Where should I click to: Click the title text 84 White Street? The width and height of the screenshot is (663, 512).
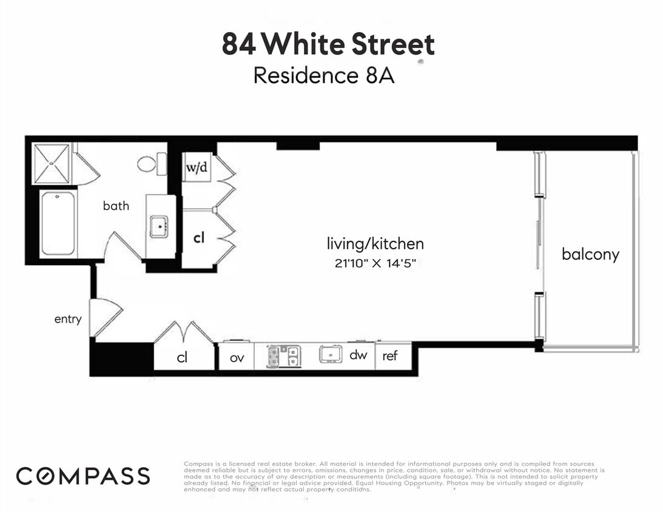pyautogui.click(x=328, y=45)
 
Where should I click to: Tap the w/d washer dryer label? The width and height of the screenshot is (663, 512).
pyautogui.click(x=197, y=167)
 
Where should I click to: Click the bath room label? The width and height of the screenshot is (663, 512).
pyautogui.click(x=116, y=206)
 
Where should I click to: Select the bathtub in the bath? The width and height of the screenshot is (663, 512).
pyautogui.click(x=58, y=223)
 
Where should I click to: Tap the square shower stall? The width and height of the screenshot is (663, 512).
pyautogui.click(x=51, y=163)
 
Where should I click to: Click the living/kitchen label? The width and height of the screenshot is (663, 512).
pyautogui.click(x=375, y=244)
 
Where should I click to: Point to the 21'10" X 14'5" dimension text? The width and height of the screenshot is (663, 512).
pyautogui.click(x=374, y=263)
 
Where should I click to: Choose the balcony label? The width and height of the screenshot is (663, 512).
pyautogui.click(x=590, y=254)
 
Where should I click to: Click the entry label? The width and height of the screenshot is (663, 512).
pyautogui.click(x=68, y=319)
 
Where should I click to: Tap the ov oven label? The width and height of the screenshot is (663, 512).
pyautogui.click(x=237, y=357)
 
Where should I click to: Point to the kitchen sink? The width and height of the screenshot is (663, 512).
pyautogui.click(x=331, y=354)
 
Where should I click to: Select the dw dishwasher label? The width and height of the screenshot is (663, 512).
pyautogui.click(x=358, y=355)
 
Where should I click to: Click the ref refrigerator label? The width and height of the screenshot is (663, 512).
pyautogui.click(x=389, y=356)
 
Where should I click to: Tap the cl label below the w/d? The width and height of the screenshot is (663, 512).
pyautogui.click(x=198, y=238)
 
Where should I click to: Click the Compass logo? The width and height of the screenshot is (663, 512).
pyautogui.click(x=82, y=476)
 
